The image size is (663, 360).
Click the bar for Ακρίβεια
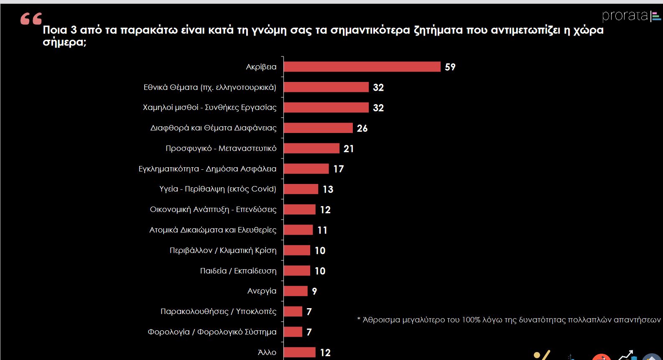(362, 67)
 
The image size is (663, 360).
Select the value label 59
(450, 67)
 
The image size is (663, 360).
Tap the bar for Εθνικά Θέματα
(326, 87)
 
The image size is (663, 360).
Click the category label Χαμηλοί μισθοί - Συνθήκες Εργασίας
(209, 107)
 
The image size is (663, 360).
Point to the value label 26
(362, 128)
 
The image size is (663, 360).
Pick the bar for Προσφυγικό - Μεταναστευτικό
(311, 148)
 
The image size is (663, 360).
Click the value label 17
(338, 169)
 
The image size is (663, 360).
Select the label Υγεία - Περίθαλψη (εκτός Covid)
(218, 189)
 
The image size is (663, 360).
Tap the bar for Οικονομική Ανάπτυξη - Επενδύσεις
(299, 209)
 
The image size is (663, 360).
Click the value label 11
(322, 230)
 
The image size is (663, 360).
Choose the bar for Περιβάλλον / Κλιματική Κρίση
(297, 250)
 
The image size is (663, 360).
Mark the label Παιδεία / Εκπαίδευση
(238, 271)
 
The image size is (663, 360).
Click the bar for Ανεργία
(296, 291)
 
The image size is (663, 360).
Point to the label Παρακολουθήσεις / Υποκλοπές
(218, 311)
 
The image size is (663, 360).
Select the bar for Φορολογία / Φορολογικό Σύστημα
(293, 332)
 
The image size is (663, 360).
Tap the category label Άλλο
(267, 352)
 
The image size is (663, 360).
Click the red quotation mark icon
(31, 19)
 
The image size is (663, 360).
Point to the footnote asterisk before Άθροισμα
(359, 320)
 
